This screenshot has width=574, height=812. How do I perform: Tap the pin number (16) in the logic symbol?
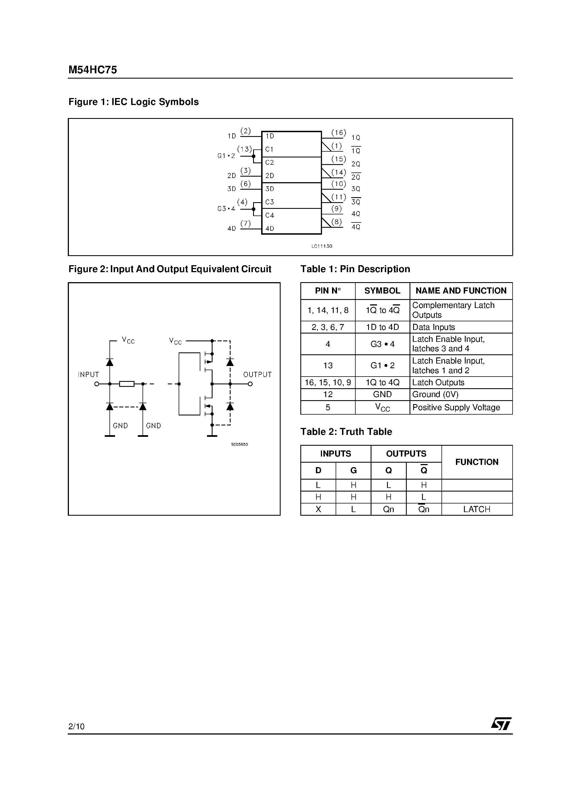tap(338, 133)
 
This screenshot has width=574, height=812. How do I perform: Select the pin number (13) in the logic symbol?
tap(244, 149)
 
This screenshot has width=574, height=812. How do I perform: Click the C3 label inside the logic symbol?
tap(270, 202)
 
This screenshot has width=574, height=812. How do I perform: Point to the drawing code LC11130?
tap(322, 246)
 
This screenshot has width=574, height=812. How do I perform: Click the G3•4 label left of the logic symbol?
tap(226, 209)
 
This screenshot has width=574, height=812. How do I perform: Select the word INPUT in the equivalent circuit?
tap(88, 375)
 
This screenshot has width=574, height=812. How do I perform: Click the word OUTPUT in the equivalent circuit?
tap(257, 375)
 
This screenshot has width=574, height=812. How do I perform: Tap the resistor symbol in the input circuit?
tap(127, 384)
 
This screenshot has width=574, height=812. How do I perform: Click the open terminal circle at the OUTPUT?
tap(250, 384)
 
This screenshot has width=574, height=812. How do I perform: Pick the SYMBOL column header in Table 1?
tap(382, 291)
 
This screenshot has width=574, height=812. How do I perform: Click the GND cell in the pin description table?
tap(382, 394)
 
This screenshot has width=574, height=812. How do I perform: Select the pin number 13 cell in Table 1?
tap(328, 365)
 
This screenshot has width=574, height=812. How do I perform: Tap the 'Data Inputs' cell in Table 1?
tap(433, 327)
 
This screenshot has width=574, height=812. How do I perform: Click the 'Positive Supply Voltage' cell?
tap(456, 407)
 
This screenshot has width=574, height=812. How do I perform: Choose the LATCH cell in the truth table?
tap(477, 509)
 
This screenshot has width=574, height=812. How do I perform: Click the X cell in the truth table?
tap(318, 509)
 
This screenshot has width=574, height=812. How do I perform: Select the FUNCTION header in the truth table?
tap(477, 462)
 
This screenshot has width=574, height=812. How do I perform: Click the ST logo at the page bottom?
tap(501, 724)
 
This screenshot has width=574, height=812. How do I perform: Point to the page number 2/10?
tap(76, 726)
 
